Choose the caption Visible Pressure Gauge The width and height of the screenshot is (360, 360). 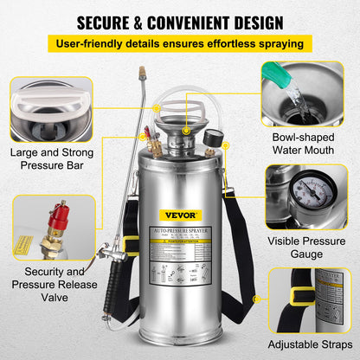(307, 247)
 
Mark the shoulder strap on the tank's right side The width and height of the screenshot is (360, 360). (241, 251)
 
